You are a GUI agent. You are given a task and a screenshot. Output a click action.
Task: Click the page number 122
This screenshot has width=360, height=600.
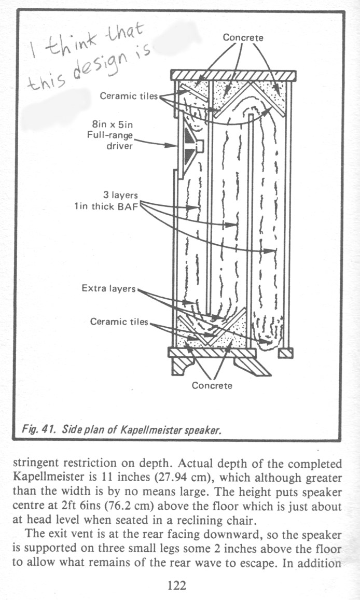tap(176, 586)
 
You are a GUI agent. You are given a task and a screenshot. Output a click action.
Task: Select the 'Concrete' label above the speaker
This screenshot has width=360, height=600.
tap(243, 38)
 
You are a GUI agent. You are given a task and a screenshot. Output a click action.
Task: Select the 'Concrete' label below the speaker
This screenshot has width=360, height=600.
tap(212, 385)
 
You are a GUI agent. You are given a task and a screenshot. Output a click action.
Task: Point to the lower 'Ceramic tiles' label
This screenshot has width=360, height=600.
tap(119, 322)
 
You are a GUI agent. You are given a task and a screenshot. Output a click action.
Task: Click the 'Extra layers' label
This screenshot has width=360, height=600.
tap(108, 288)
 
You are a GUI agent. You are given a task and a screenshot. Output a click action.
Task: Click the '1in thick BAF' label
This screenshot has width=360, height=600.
tap(106, 206)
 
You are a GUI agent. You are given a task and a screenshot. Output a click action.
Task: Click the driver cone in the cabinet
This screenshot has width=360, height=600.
tap(189, 145)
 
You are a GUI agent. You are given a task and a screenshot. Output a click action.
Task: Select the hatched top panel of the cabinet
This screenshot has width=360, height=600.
tap(233, 75)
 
